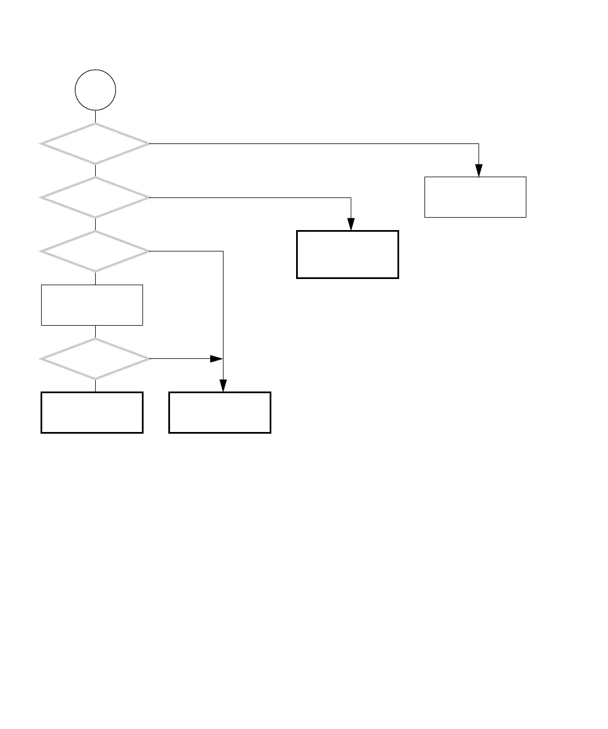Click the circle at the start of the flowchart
(96, 90)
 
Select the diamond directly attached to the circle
(95, 143)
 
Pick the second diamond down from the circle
(95, 197)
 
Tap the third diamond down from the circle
(95, 251)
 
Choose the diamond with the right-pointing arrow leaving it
(95, 358)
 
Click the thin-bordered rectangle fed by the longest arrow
(475, 197)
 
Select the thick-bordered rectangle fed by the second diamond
(347, 254)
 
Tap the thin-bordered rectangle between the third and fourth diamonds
(92, 305)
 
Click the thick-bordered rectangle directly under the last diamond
(92, 412)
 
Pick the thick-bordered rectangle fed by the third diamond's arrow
(220, 412)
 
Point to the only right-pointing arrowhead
(217, 358)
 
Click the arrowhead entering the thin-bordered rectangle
(479, 170)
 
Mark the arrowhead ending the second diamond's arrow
(351, 224)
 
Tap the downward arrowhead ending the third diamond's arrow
(223, 385)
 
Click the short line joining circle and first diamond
(96, 116)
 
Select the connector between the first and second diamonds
(96, 170)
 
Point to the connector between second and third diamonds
(96, 224)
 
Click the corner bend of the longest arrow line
(479, 143)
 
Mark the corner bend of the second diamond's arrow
(351, 197)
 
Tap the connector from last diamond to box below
(96, 385)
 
